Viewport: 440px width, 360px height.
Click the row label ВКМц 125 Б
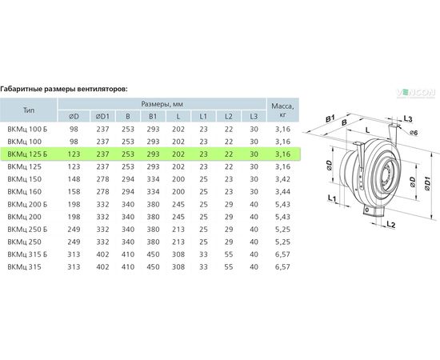[27, 154]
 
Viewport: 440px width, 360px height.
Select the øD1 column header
[102, 117]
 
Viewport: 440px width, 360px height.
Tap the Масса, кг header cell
[283, 110]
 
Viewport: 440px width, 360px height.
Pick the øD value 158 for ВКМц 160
[74, 192]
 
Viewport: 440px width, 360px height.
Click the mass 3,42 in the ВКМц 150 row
[283, 179]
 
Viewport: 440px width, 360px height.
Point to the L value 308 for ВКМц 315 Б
[178, 254]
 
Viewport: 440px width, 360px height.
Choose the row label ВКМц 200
[25, 217]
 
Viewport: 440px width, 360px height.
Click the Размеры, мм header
[162, 104]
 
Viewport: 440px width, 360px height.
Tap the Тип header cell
[29, 110]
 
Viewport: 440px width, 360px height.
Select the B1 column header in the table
[153, 117]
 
